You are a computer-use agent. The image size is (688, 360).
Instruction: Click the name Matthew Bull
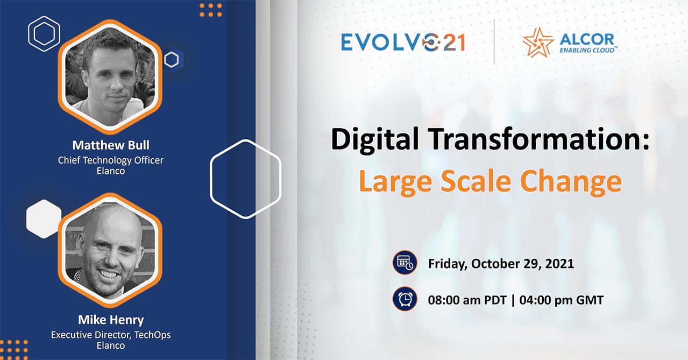click(111, 145)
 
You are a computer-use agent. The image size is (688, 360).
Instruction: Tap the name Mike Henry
click(111, 320)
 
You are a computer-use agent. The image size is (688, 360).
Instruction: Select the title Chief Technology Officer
click(111, 160)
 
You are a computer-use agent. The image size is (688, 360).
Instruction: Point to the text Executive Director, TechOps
click(111, 335)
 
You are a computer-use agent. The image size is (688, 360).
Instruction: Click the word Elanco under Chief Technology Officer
click(111, 171)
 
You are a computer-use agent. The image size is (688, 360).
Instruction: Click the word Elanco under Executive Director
click(111, 345)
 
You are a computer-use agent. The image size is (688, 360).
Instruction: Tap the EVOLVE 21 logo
click(403, 42)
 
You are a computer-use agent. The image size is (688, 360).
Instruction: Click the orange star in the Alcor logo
click(538, 43)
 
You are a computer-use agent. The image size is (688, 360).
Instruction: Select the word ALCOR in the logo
click(587, 39)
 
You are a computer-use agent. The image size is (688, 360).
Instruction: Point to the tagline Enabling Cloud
click(587, 50)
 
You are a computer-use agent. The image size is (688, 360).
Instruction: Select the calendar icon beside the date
click(405, 263)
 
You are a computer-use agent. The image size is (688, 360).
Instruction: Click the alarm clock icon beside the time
click(405, 299)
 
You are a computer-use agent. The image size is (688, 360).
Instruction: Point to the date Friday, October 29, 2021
click(501, 264)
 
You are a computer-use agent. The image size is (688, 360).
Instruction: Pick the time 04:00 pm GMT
click(562, 300)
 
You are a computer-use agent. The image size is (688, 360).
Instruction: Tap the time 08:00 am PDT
click(467, 300)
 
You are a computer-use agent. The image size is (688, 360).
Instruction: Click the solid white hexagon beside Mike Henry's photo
click(44, 219)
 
